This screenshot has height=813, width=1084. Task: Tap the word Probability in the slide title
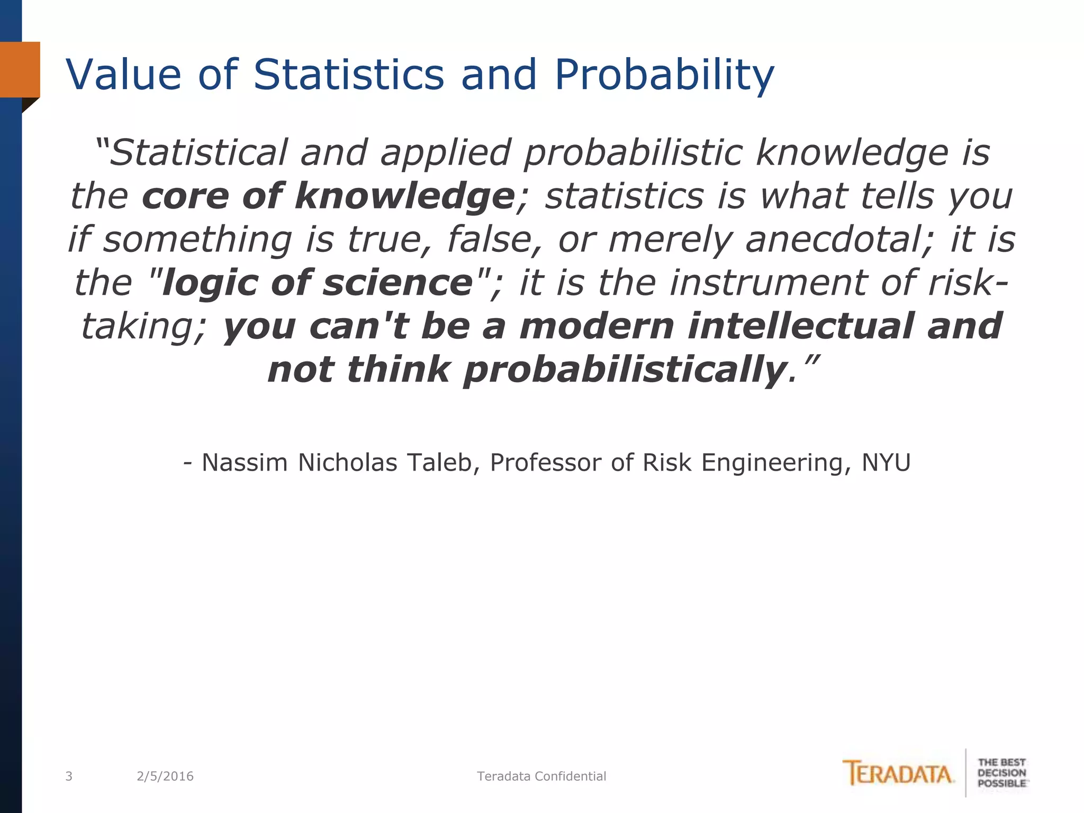664,75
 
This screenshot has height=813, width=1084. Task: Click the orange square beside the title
20,69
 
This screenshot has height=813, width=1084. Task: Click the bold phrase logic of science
318,283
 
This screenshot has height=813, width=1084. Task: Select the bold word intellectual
800,326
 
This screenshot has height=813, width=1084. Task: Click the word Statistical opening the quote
198,153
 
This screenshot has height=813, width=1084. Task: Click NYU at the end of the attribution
886,463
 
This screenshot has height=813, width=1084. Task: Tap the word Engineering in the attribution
776,463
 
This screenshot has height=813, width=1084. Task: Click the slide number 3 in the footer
68,776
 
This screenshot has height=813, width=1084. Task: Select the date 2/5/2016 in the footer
165,776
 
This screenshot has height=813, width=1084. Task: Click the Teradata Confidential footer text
541,776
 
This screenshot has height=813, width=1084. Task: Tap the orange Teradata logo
898,773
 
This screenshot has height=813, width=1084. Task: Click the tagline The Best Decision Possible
1001,773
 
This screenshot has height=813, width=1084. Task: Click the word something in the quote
197,239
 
